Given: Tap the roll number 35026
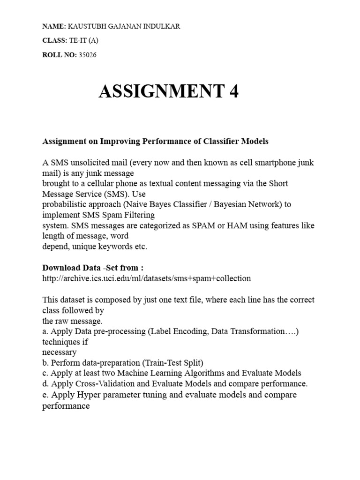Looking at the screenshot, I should click(88, 55).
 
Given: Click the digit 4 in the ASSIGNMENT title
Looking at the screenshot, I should click(233, 91).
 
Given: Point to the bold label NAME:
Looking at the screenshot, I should click(54, 26).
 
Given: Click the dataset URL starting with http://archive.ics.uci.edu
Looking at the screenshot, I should click(147, 278).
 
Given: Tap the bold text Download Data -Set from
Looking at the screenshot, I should click(93, 268).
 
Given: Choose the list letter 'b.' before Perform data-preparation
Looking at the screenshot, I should click(46, 362).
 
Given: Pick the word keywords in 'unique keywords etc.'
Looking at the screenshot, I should click(115, 247).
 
